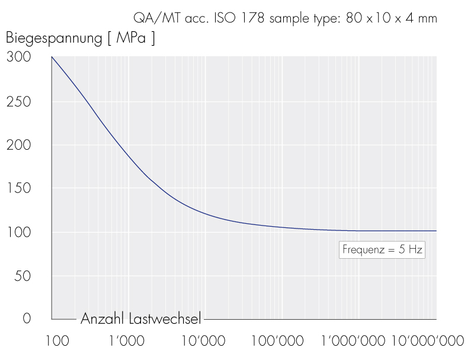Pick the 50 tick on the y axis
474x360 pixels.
[22, 276]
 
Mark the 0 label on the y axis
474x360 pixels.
[26, 319]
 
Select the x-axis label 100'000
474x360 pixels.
[277, 341]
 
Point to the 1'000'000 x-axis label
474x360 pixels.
[353, 341]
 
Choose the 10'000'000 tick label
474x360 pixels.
[427, 341]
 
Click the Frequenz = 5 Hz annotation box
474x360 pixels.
[382, 250]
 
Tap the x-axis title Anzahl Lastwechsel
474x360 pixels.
[141, 319]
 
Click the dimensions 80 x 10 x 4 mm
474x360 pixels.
[392, 18]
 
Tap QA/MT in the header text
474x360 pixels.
[153, 18]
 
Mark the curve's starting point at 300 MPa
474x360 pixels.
[52, 57]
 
